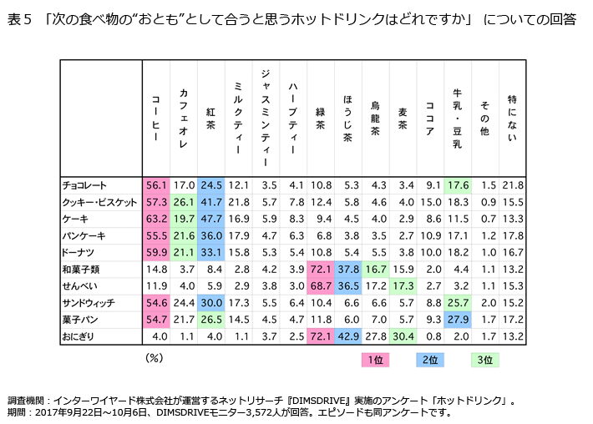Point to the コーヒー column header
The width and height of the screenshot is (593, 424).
[156, 118]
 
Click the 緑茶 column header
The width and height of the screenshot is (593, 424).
[320, 116]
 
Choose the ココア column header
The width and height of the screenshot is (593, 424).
[429, 117]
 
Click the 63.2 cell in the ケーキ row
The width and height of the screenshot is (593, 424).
[156, 219]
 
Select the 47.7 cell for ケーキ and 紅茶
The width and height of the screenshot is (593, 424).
[211, 219]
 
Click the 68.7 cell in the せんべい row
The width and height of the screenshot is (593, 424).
[320, 285]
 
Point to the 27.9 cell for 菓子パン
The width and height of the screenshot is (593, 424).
[457, 319]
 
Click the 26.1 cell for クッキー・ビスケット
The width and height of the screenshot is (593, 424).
[184, 202]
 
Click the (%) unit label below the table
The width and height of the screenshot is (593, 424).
[155, 357]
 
